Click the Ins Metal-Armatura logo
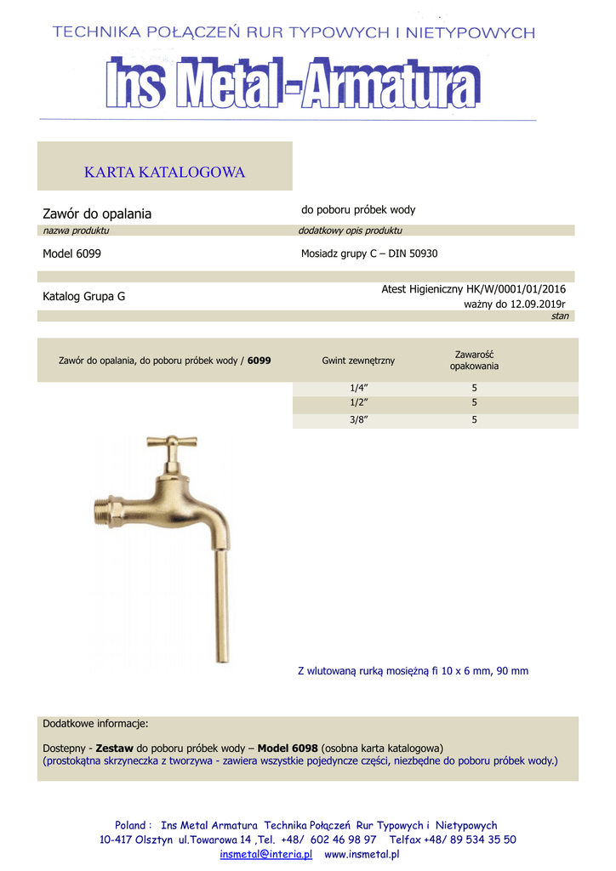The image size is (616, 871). point(293,83)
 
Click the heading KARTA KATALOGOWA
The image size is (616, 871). point(164,173)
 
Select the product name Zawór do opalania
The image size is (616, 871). point(97,213)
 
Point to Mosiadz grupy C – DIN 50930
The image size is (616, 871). point(369,253)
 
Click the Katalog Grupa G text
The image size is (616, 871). point(83,297)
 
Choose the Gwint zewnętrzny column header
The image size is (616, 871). point(358,361)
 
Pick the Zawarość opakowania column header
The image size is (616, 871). point(474,360)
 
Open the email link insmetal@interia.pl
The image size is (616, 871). point(266,853)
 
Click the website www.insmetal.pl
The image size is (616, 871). point(362,853)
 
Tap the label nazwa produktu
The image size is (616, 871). point(76,231)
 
